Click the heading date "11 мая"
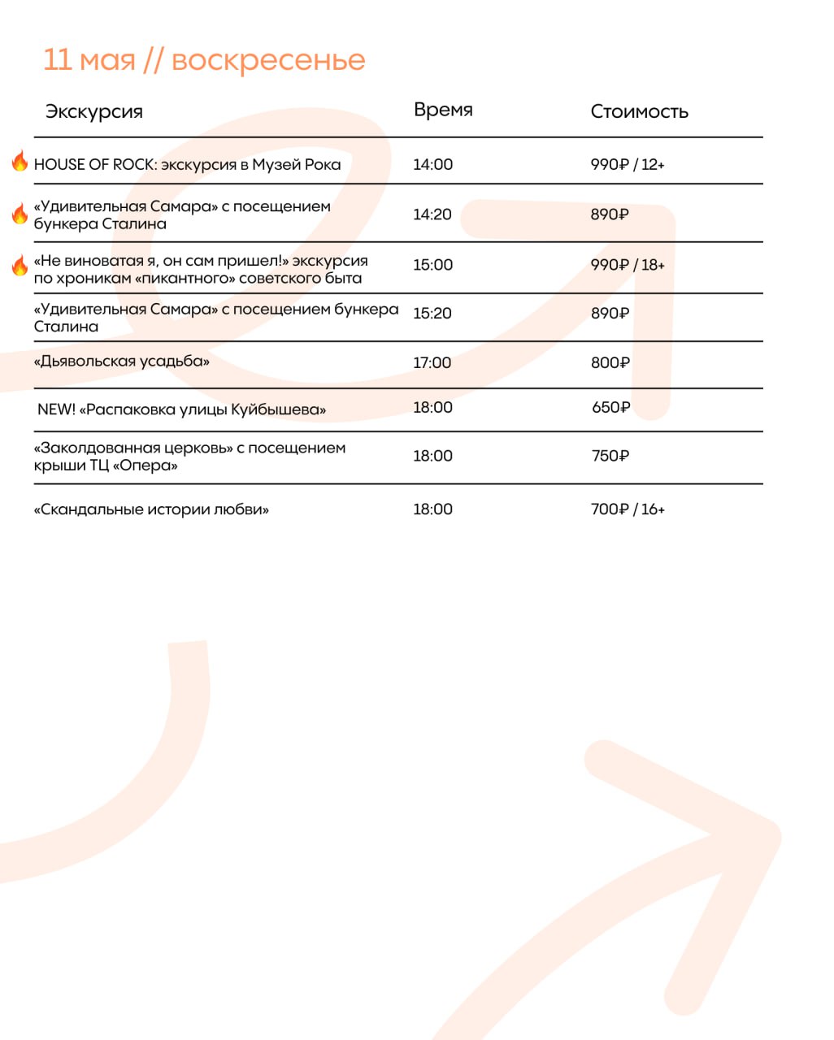point(89,60)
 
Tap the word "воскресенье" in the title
point(268,60)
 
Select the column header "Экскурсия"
point(93,112)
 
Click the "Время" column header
point(443,110)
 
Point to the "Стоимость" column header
point(639,112)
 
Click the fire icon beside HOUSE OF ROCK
point(20,162)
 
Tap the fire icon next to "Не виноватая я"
point(20,265)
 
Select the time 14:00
point(432,165)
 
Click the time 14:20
point(432,214)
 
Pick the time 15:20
point(432,314)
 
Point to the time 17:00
point(432,363)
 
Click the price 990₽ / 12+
point(627,165)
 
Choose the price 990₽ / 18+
point(627,265)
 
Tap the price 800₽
point(610,363)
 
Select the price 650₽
point(610,408)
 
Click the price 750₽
point(610,457)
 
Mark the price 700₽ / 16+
point(627,509)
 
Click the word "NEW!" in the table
point(56,409)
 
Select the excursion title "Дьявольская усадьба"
point(122,362)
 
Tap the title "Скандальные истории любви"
point(151,510)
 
